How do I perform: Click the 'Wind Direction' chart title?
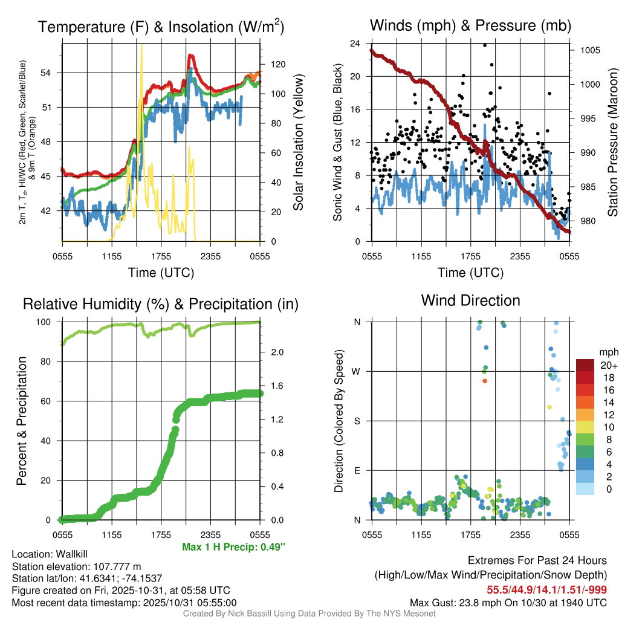(x=470, y=300)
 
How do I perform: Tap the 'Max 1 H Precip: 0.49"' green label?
(x=233, y=547)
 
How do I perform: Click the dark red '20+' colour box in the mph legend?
(x=585, y=365)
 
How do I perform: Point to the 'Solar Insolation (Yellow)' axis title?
(x=298, y=142)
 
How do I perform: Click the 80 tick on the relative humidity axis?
(x=50, y=361)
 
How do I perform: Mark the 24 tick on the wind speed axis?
(x=355, y=44)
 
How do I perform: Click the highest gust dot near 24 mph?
(x=485, y=45)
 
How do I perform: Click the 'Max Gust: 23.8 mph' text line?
(x=508, y=602)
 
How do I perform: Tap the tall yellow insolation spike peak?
(x=141, y=46)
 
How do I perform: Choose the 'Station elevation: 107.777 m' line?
(x=76, y=566)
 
